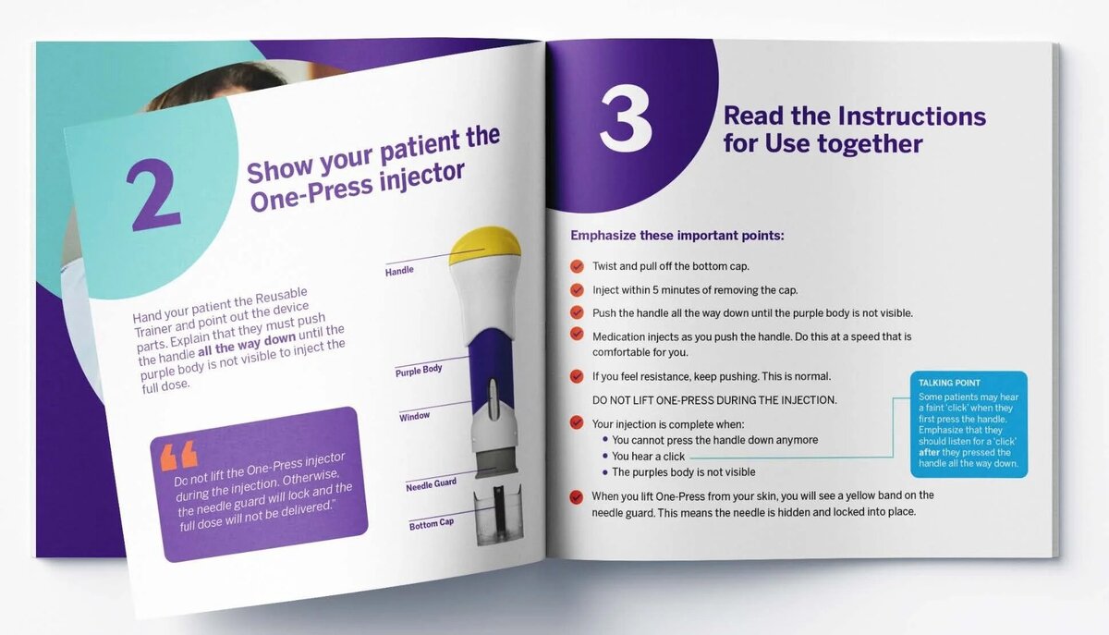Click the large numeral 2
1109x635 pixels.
coord(153,194)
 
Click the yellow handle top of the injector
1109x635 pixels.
coord(485,245)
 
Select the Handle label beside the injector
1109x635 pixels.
coord(399,271)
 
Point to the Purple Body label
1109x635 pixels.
coord(419,371)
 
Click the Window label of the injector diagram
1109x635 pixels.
coord(414,417)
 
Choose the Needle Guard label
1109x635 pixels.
coord(432,484)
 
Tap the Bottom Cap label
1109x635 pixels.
coord(432,523)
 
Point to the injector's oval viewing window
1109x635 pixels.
coord(492,398)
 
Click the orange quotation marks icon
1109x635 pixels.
coord(178,455)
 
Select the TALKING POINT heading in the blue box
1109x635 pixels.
coord(949,383)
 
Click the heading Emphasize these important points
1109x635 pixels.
coord(677,236)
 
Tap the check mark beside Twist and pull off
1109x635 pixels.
coord(577,266)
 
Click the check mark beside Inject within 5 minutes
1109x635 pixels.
coord(577,289)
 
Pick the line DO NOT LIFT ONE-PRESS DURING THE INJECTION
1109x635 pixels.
coord(714,399)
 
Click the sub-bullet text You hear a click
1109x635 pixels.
coord(648,457)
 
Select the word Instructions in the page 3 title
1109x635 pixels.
coord(911,116)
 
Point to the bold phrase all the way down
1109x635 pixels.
coord(247,344)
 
